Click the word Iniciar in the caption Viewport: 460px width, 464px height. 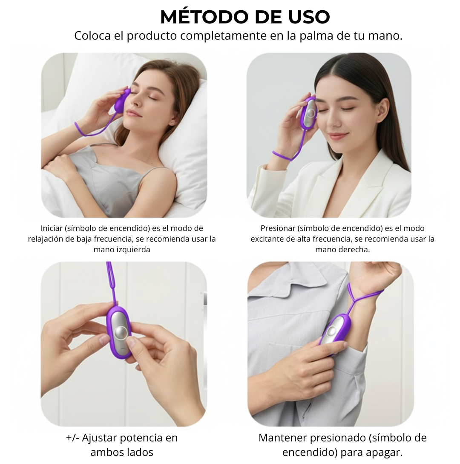[x=52, y=228]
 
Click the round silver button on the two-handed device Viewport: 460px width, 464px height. [x=121, y=333]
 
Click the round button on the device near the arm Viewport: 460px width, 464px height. [x=332, y=330]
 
